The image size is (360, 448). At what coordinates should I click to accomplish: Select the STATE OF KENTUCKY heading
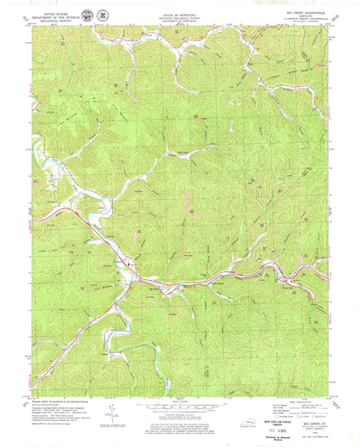pos(179,13)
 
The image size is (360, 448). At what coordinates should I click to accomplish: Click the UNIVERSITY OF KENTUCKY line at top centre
pos(179,21)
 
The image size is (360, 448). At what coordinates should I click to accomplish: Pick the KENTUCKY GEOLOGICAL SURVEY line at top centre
pos(179,17)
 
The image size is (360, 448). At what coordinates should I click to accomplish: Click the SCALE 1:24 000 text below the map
pos(180,395)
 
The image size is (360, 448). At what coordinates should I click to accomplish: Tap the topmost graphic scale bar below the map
pos(180,400)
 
